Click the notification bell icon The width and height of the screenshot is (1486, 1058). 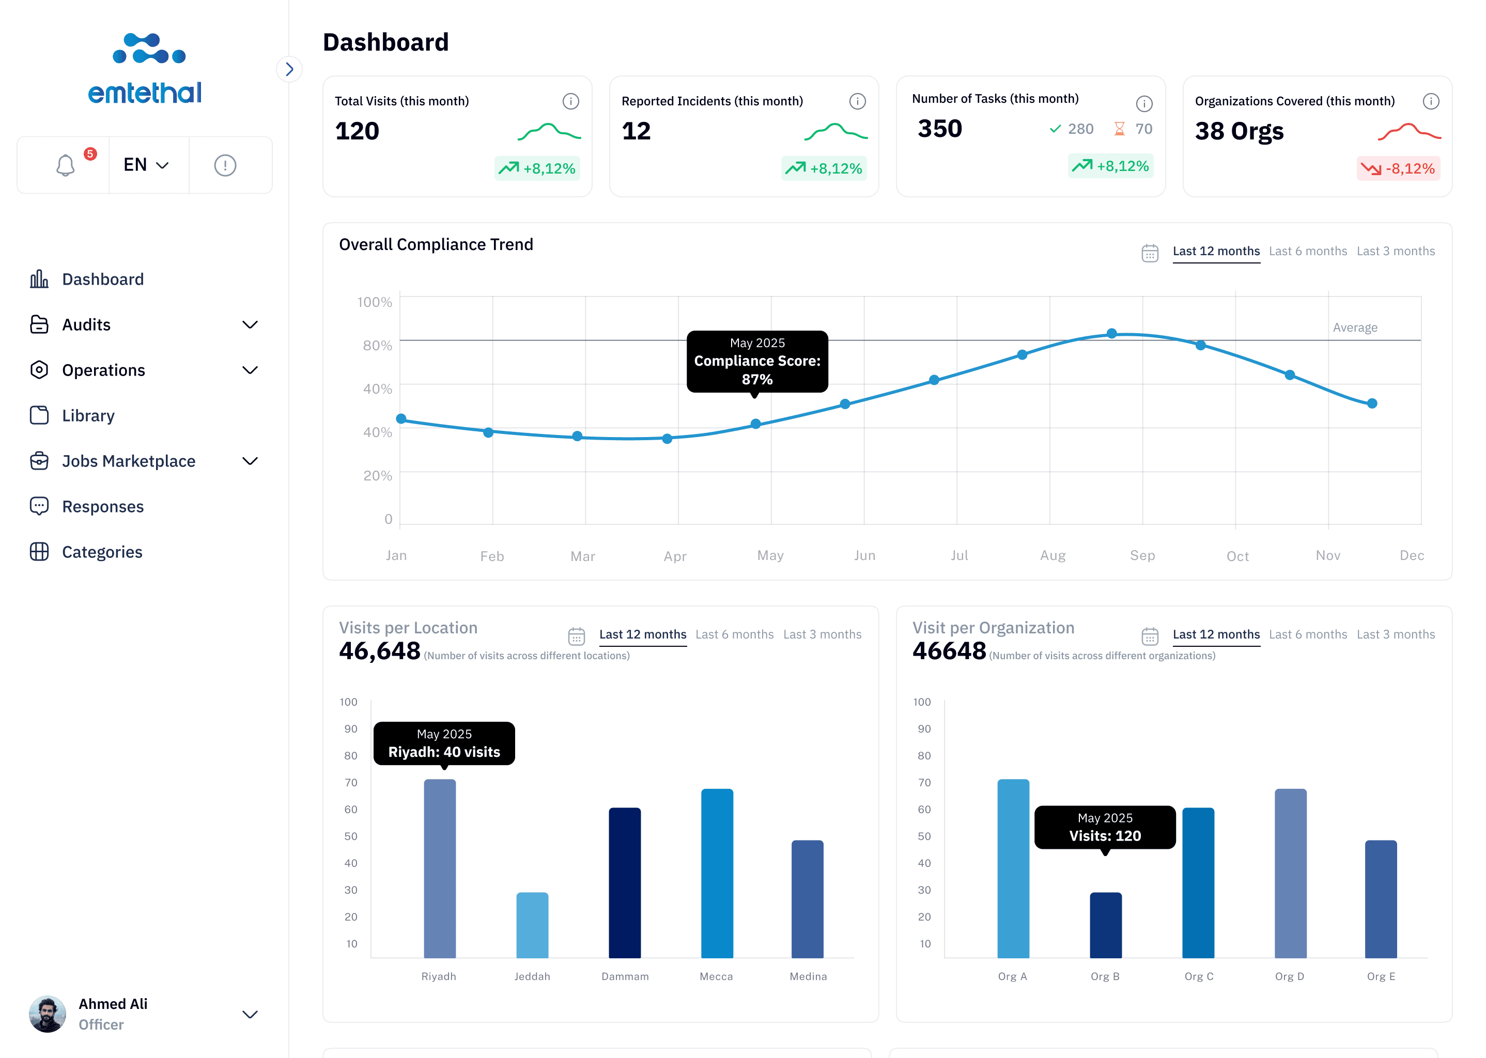coord(65,165)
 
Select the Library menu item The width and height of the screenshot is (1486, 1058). coord(88,416)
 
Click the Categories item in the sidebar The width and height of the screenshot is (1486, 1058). coord(102,552)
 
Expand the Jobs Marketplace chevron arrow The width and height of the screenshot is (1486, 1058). coord(250,461)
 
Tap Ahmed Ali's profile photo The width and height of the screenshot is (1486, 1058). coord(48,1014)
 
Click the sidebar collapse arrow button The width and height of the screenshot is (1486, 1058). coord(289,69)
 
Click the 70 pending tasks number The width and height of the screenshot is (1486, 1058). coord(1143,129)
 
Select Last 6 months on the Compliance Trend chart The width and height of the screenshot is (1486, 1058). coord(1308,252)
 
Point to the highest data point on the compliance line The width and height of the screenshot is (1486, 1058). coord(1111,334)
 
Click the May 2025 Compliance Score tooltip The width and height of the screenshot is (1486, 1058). coord(757,362)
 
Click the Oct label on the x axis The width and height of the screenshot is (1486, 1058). coord(1237,556)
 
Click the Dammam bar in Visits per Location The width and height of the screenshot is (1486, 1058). coord(624,883)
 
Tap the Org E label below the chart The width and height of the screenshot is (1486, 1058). coord(1381,976)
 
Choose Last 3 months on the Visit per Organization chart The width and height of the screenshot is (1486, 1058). coord(1396,634)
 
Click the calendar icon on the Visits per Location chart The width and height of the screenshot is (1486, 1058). coord(576,636)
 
